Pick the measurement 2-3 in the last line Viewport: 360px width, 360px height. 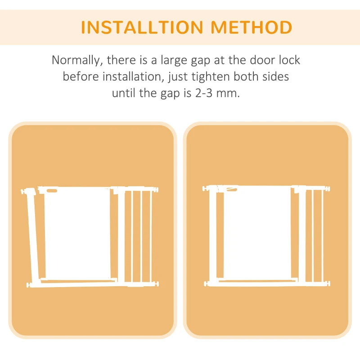pos(210,94)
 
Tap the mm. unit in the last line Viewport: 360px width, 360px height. pos(237,94)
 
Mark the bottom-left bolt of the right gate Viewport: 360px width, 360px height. pos(207,283)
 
